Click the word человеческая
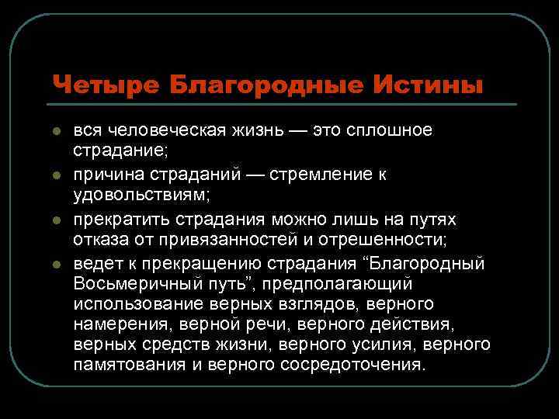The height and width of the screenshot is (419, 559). coord(169,130)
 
